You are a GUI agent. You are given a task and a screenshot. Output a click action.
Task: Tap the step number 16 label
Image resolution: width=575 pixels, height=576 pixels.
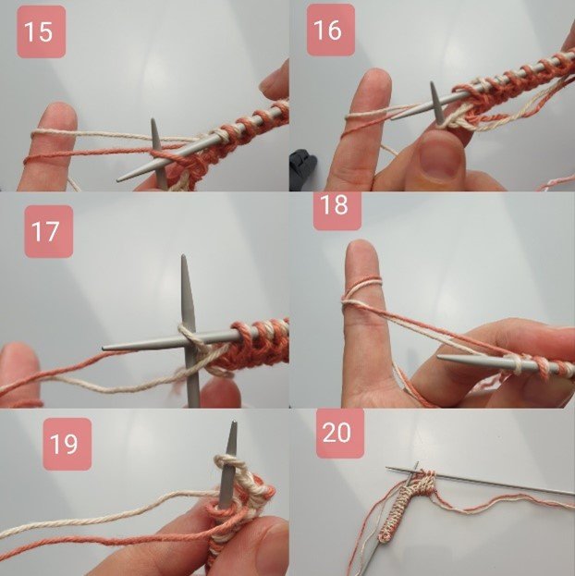[328, 30]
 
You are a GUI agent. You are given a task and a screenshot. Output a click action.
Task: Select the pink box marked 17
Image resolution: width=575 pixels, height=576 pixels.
[44, 230]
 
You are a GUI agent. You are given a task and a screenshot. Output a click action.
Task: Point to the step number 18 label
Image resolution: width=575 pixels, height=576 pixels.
[334, 205]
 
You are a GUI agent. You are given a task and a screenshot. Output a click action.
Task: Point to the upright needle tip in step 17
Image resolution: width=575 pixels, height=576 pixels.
[185, 262]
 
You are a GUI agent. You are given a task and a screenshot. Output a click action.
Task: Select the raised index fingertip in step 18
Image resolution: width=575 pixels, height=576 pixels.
[361, 255]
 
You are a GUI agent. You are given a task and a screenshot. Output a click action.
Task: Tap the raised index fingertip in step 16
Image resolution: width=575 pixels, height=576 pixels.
[374, 84]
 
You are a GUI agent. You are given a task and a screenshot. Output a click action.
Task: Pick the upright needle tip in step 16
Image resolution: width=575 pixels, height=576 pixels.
[433, 86]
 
